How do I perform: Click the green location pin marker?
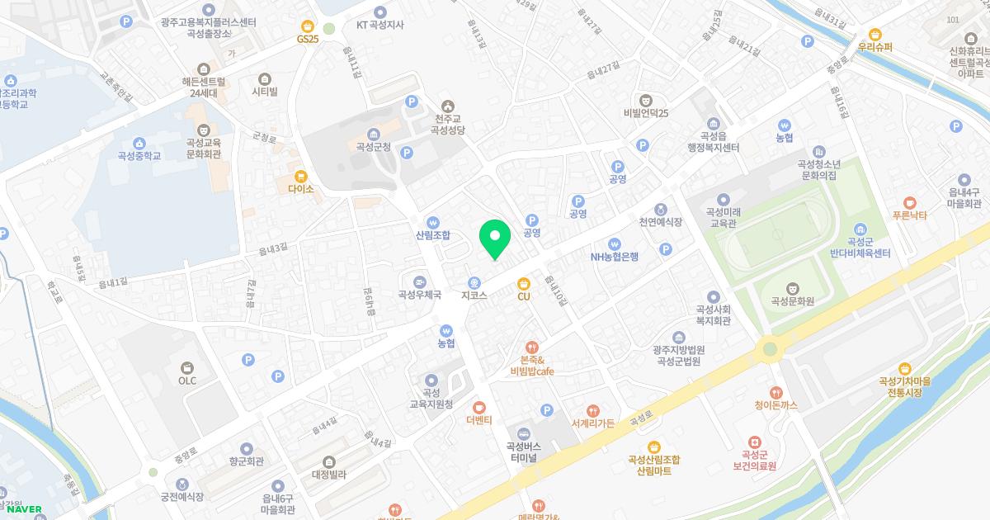tap(495, 239)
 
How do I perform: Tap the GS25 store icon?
tap(308, 26)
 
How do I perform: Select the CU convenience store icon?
tap(524, 283)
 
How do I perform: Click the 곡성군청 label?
tap(373, 147)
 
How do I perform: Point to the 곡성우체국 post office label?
tap(419, 294)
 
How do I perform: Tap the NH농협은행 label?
tap(614, 256)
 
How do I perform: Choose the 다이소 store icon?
tap(301, 176)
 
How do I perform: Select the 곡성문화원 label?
tap(792, 301)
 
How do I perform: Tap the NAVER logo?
tap(24, 508)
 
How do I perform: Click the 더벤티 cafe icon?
tap(478, 407)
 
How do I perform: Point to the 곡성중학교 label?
tap(139, 155)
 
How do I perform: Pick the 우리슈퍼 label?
tap(875, 47)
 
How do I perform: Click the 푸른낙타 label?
tap(910, 215)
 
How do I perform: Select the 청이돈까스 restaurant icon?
tap(775, 392)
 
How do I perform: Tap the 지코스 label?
tap(474, 294)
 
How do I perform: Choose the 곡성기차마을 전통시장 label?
tap(904, 386)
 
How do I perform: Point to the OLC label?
tap(187, 381)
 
